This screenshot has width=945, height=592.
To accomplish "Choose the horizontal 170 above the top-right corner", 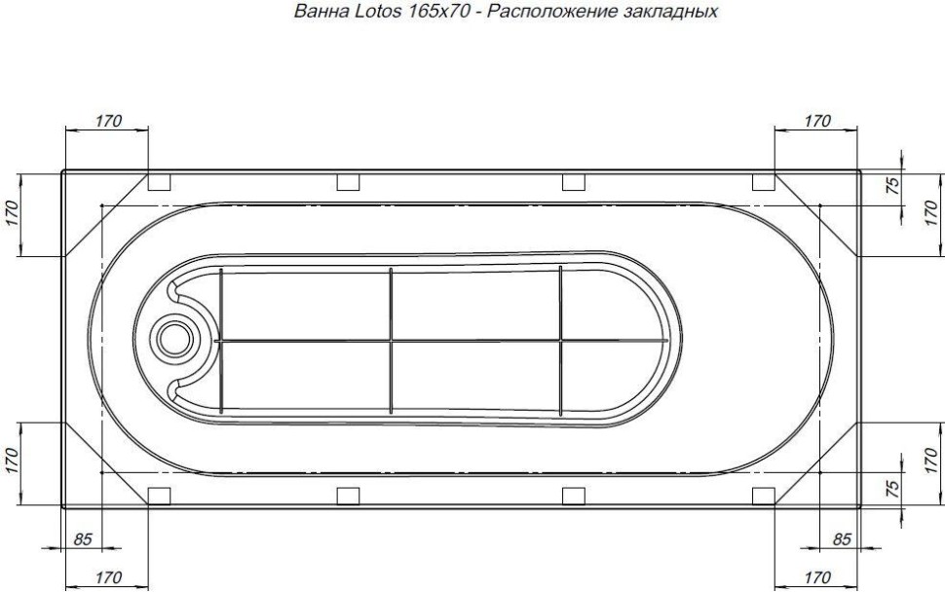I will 816,121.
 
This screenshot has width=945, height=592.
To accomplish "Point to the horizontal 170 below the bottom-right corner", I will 816,576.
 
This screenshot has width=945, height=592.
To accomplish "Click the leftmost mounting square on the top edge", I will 158,182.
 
